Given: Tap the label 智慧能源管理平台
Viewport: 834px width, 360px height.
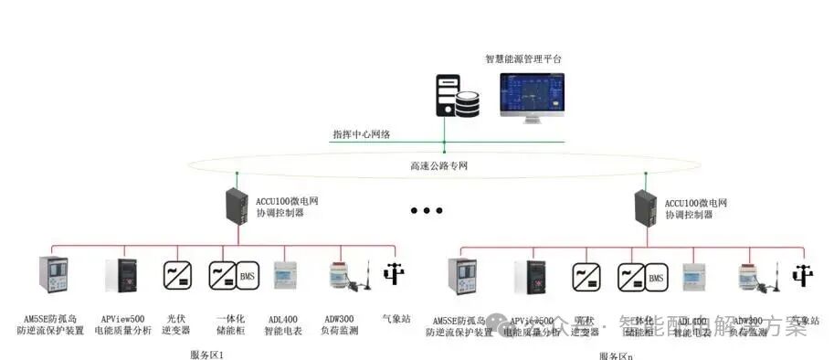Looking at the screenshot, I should click(523, 58).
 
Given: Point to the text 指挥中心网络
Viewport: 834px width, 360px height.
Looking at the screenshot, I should click(362, 134).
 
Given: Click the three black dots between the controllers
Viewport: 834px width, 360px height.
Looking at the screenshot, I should click(427, 211).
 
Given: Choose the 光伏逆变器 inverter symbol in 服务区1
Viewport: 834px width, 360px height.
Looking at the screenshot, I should click(176, 275).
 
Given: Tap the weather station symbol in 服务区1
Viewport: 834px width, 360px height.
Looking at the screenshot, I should click(394, 275).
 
